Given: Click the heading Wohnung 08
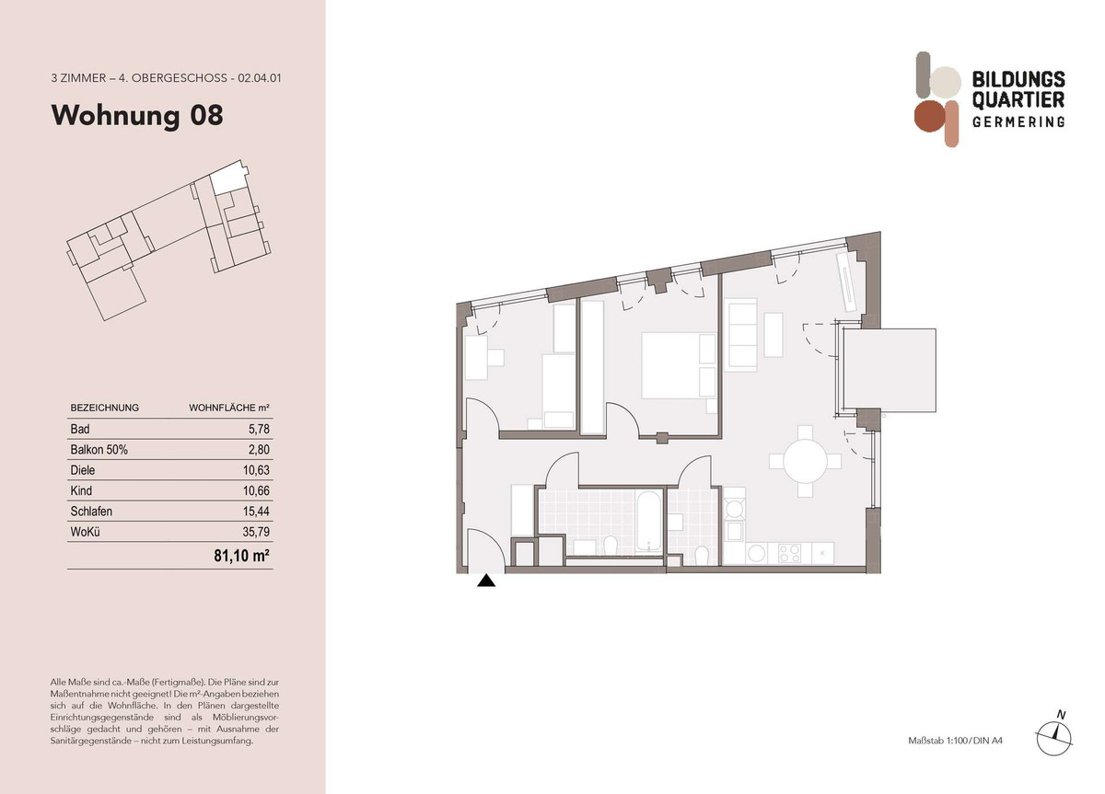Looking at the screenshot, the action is [137, 115].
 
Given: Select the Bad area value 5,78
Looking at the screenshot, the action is [259, 429].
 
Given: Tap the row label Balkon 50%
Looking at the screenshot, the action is [99, 450].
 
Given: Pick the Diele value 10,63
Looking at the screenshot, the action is [256, 470].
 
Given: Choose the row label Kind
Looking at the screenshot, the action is [81, 491].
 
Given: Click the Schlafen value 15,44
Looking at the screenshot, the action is [256, 512].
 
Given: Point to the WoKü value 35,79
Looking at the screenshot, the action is [256, 532].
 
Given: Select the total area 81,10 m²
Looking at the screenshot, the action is [241, 556].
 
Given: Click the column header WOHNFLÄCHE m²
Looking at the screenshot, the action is [229, 409].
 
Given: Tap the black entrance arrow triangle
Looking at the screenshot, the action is [486, 581].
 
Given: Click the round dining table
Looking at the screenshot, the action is [805, 461].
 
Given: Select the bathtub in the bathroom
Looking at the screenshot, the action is [648, 522].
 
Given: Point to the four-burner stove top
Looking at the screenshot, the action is [789, 554].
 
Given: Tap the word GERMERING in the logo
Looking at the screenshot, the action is [1018, 121].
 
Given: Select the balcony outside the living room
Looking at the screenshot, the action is [889, 370].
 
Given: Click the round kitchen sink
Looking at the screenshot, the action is [756, 554].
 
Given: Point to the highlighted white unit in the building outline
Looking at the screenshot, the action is [228, 178].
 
